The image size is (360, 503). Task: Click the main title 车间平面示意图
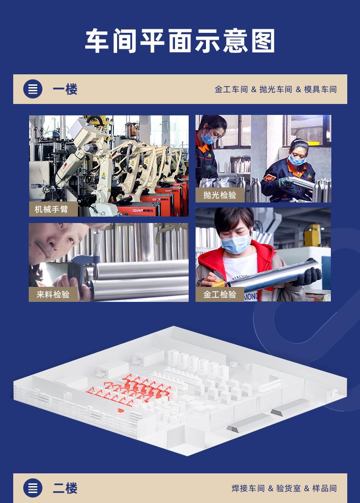(x=180, y=41)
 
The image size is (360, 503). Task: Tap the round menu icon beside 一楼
(x=33, y=89)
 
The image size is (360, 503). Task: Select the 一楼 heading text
(x=65, y=89)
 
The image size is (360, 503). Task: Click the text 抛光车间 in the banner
(x=276, y=89)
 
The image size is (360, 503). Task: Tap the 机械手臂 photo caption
(x=51, y=209)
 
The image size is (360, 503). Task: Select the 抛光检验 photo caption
(x=220, y=195)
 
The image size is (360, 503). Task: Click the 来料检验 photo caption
(x=53, y=295)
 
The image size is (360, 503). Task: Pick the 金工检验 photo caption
(x=220, y=295)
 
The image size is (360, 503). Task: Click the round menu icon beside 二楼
(x=33, y=488)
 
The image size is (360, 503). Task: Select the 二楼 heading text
(x=65, y=488)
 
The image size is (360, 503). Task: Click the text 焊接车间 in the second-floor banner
(x=248, y=488)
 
